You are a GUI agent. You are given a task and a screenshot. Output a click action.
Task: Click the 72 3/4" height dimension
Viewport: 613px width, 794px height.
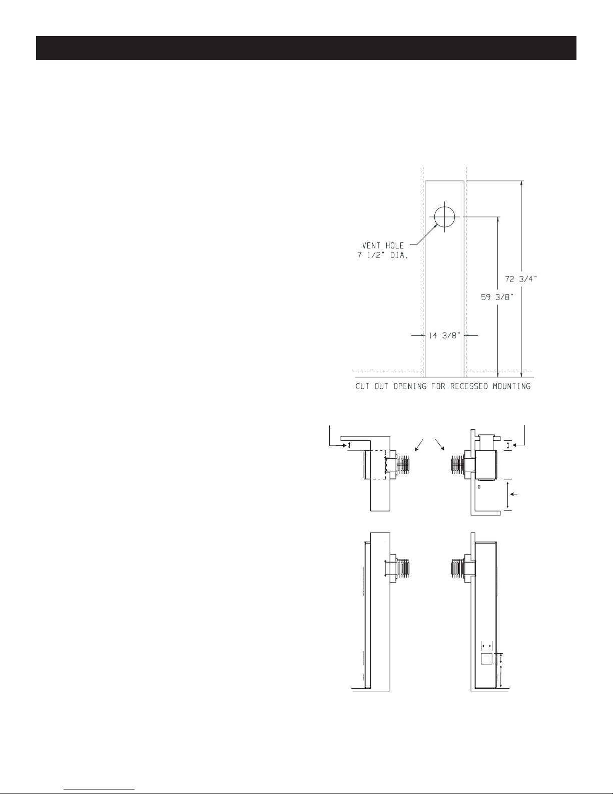click(x=521, y=279)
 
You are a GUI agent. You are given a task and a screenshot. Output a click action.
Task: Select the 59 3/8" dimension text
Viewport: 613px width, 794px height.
click(x=497, y=298)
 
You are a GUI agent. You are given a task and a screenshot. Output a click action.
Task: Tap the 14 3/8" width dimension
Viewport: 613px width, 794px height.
click(x=444, y=336)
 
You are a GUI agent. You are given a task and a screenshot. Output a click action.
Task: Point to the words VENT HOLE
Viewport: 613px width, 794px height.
click(x=383, y=245)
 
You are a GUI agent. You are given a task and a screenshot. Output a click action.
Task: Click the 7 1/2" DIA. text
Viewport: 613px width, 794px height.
click(x=382, y=255)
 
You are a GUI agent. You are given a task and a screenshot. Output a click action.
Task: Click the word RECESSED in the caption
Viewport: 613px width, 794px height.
click(x=469, y=386)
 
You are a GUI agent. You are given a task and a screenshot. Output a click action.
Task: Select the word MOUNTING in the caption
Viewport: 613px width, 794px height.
click(x=511, y=386)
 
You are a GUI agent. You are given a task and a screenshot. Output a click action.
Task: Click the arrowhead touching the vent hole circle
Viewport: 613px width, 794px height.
click(x=435, y=226)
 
